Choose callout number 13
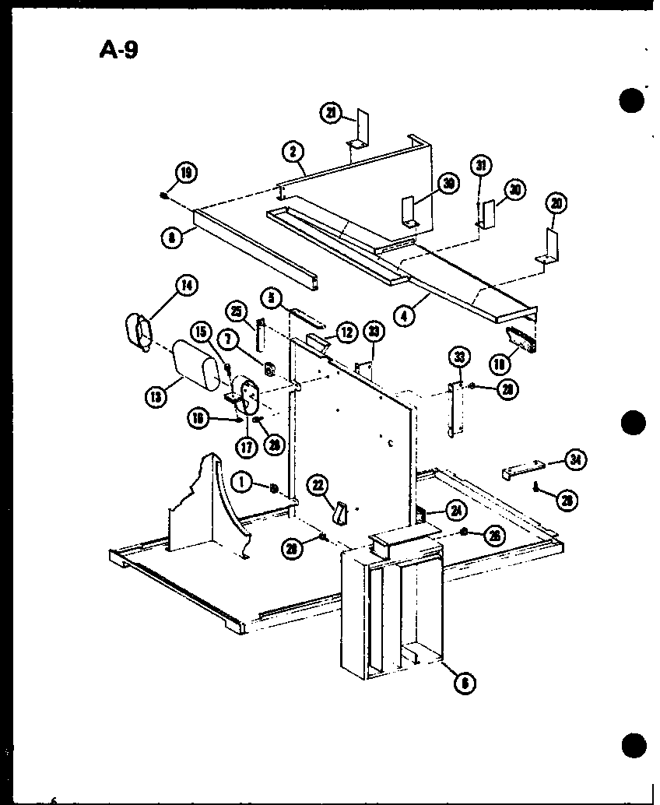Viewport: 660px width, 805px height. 156,395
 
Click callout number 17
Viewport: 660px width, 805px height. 247,448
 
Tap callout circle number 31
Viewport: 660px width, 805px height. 481,167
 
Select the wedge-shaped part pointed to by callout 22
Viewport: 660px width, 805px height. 339,513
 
